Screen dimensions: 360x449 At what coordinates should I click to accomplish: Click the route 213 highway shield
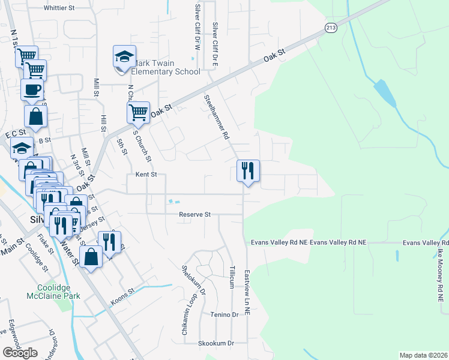[x=331, y=28]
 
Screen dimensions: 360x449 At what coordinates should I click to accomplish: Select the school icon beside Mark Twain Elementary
[x=124, y=58]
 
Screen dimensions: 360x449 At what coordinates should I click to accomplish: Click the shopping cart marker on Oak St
[x=138, y=112]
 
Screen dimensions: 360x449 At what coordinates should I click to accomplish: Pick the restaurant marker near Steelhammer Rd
[x=247, y=171]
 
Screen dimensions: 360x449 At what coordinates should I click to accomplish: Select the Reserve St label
[x=194, y=214]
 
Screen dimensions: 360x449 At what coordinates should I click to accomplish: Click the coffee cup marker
[x=32, y=90]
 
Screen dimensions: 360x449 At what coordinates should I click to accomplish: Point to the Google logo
[x=20, y=352]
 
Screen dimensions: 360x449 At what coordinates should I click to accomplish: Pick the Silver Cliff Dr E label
[x=214, y=37]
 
